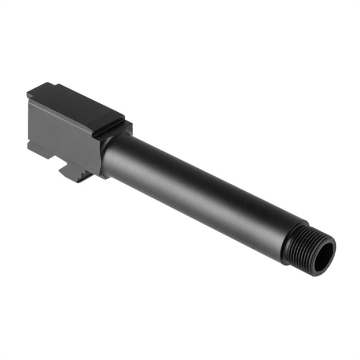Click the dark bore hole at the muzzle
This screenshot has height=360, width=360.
click(x=325, y=253)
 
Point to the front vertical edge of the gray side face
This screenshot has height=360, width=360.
click(x=94, y=150)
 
